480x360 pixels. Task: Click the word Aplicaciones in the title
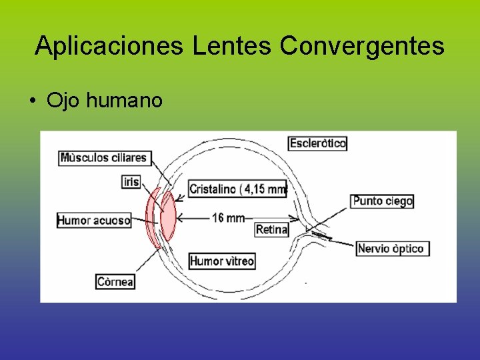(110, 46)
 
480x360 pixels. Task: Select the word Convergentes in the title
(362, 46)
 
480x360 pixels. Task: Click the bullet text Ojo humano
(105, 101)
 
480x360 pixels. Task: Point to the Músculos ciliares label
(103, 158)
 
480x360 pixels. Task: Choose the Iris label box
(131, 181)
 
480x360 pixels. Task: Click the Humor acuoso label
(94, 220)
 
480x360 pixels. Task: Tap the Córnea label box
(115, 281)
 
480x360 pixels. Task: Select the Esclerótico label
(317, 143)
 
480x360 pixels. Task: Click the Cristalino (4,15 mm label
(238, 189)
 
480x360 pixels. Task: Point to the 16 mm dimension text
(228, 217)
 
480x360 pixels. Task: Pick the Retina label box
(272, 230)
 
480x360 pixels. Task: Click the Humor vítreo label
(222, 261)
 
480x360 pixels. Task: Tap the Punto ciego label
(383, 201)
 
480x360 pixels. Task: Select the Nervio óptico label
(391, 249)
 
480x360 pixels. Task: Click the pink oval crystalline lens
(168, 216)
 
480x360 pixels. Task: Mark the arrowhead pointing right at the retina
(295, 217)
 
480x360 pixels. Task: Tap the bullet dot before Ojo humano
(32, 101)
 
